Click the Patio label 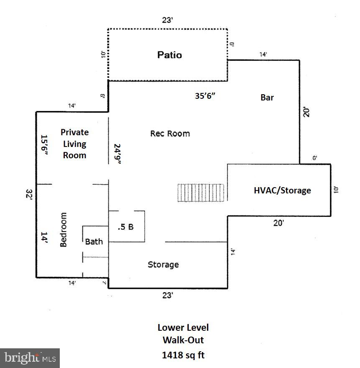point(169,55)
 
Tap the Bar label point(267,97)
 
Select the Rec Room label point(170,134)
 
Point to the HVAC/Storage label point(283,190)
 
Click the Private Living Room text point(74,144)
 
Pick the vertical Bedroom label point(64,229)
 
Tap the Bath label point(94,242)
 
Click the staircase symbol point(201,193)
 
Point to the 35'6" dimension point(205,95)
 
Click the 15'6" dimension point(44,146)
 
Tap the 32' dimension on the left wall point(29,195)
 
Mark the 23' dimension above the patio point(168,20)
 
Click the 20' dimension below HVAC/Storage point(279,223)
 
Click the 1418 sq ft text point(183,355)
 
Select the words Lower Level point(183,328)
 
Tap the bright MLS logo point(30,358)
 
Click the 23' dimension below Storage point(168,296)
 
